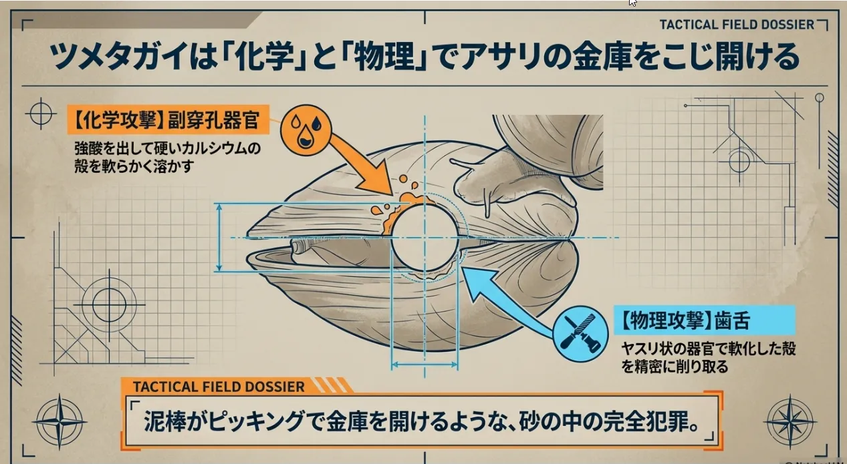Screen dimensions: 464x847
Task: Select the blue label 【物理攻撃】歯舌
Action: tap(704, 321)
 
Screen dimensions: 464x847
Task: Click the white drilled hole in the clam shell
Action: tap(424, 238)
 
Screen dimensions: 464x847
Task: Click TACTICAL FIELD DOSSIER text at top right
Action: tap(737, 25)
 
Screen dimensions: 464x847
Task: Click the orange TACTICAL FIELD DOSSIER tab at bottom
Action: tap(221, 387)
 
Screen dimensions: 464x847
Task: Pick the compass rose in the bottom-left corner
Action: tap(59, 421)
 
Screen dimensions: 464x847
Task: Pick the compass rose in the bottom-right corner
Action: tap(790, 421)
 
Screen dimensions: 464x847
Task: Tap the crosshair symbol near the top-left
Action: tap(41, 114)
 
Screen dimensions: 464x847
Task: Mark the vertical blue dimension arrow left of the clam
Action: tap(220, 238)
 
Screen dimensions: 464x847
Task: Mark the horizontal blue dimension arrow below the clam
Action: tap(425, 365)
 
